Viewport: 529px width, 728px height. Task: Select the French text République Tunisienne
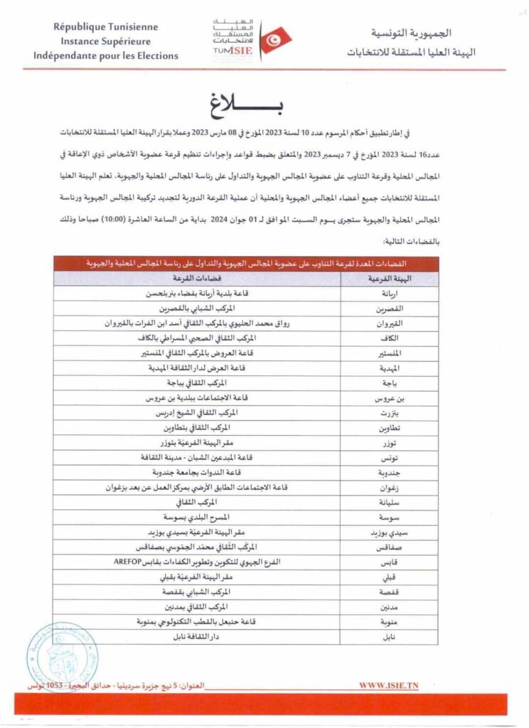pyautogui.click(x=106, y=28)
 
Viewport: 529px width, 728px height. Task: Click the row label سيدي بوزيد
pyautogui.click(x=384, y=532)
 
